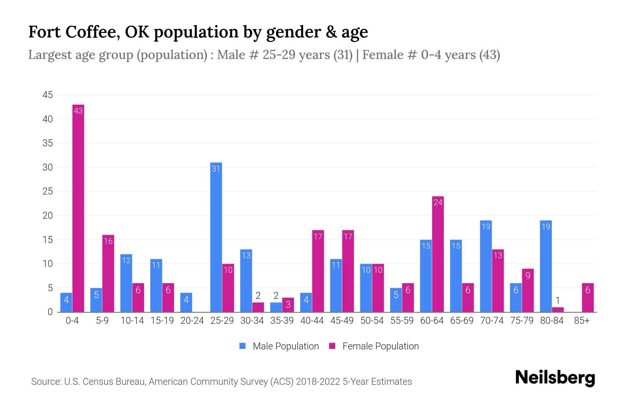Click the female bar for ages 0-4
[78, 208]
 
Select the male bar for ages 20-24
[186, 302]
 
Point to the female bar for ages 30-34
[258, 307]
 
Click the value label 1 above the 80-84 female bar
[558, 301]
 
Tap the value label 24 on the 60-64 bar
[438, 202]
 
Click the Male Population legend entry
[279, 346]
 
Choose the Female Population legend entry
[374, 346]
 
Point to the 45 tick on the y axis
[48, 95]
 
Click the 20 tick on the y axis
[48, 216]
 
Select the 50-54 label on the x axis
[372, 321]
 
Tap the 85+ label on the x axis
[582, 321]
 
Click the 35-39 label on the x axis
[282, 321]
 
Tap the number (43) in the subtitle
[489, 55]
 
